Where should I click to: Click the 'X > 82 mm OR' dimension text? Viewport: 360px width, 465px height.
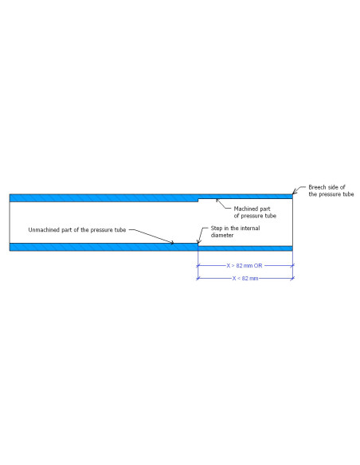pos(245,265)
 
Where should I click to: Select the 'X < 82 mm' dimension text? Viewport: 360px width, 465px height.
pos(245,278)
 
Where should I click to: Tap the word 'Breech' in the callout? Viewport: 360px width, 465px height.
pos(317,187)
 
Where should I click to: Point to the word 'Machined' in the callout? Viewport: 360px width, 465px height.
pos(244,209)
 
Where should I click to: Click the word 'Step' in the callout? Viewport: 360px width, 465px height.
pos(216,228)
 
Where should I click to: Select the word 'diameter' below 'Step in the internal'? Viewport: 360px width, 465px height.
pos(222,235)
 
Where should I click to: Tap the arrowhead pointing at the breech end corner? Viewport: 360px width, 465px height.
pos(295,192)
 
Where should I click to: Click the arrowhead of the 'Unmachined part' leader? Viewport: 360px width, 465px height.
pos(171,243)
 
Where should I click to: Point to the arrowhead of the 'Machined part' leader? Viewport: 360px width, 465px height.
pos(217,201)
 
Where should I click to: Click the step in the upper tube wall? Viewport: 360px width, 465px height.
pos(198,200)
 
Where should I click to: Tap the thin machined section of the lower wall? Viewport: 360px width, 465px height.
pos(245,248)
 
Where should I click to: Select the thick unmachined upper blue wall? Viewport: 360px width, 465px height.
pos(104,198)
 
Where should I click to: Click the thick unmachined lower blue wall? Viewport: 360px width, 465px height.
pos(104,247)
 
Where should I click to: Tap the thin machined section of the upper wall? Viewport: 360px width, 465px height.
pos(245,197)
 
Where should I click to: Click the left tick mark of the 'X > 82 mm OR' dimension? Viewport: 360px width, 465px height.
pos(198,265)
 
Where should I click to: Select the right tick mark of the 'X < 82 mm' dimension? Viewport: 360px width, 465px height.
pos(292,278)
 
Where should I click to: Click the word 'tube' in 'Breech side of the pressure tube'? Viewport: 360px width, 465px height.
pos(348,194)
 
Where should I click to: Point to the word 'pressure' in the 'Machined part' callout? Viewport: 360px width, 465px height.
pos(252,216)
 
